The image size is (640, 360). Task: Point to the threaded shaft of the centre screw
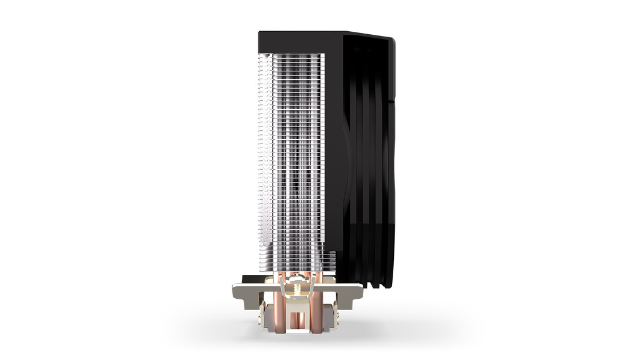297,289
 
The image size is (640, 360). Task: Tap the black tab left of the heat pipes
252,278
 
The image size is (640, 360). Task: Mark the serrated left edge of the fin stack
261,150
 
